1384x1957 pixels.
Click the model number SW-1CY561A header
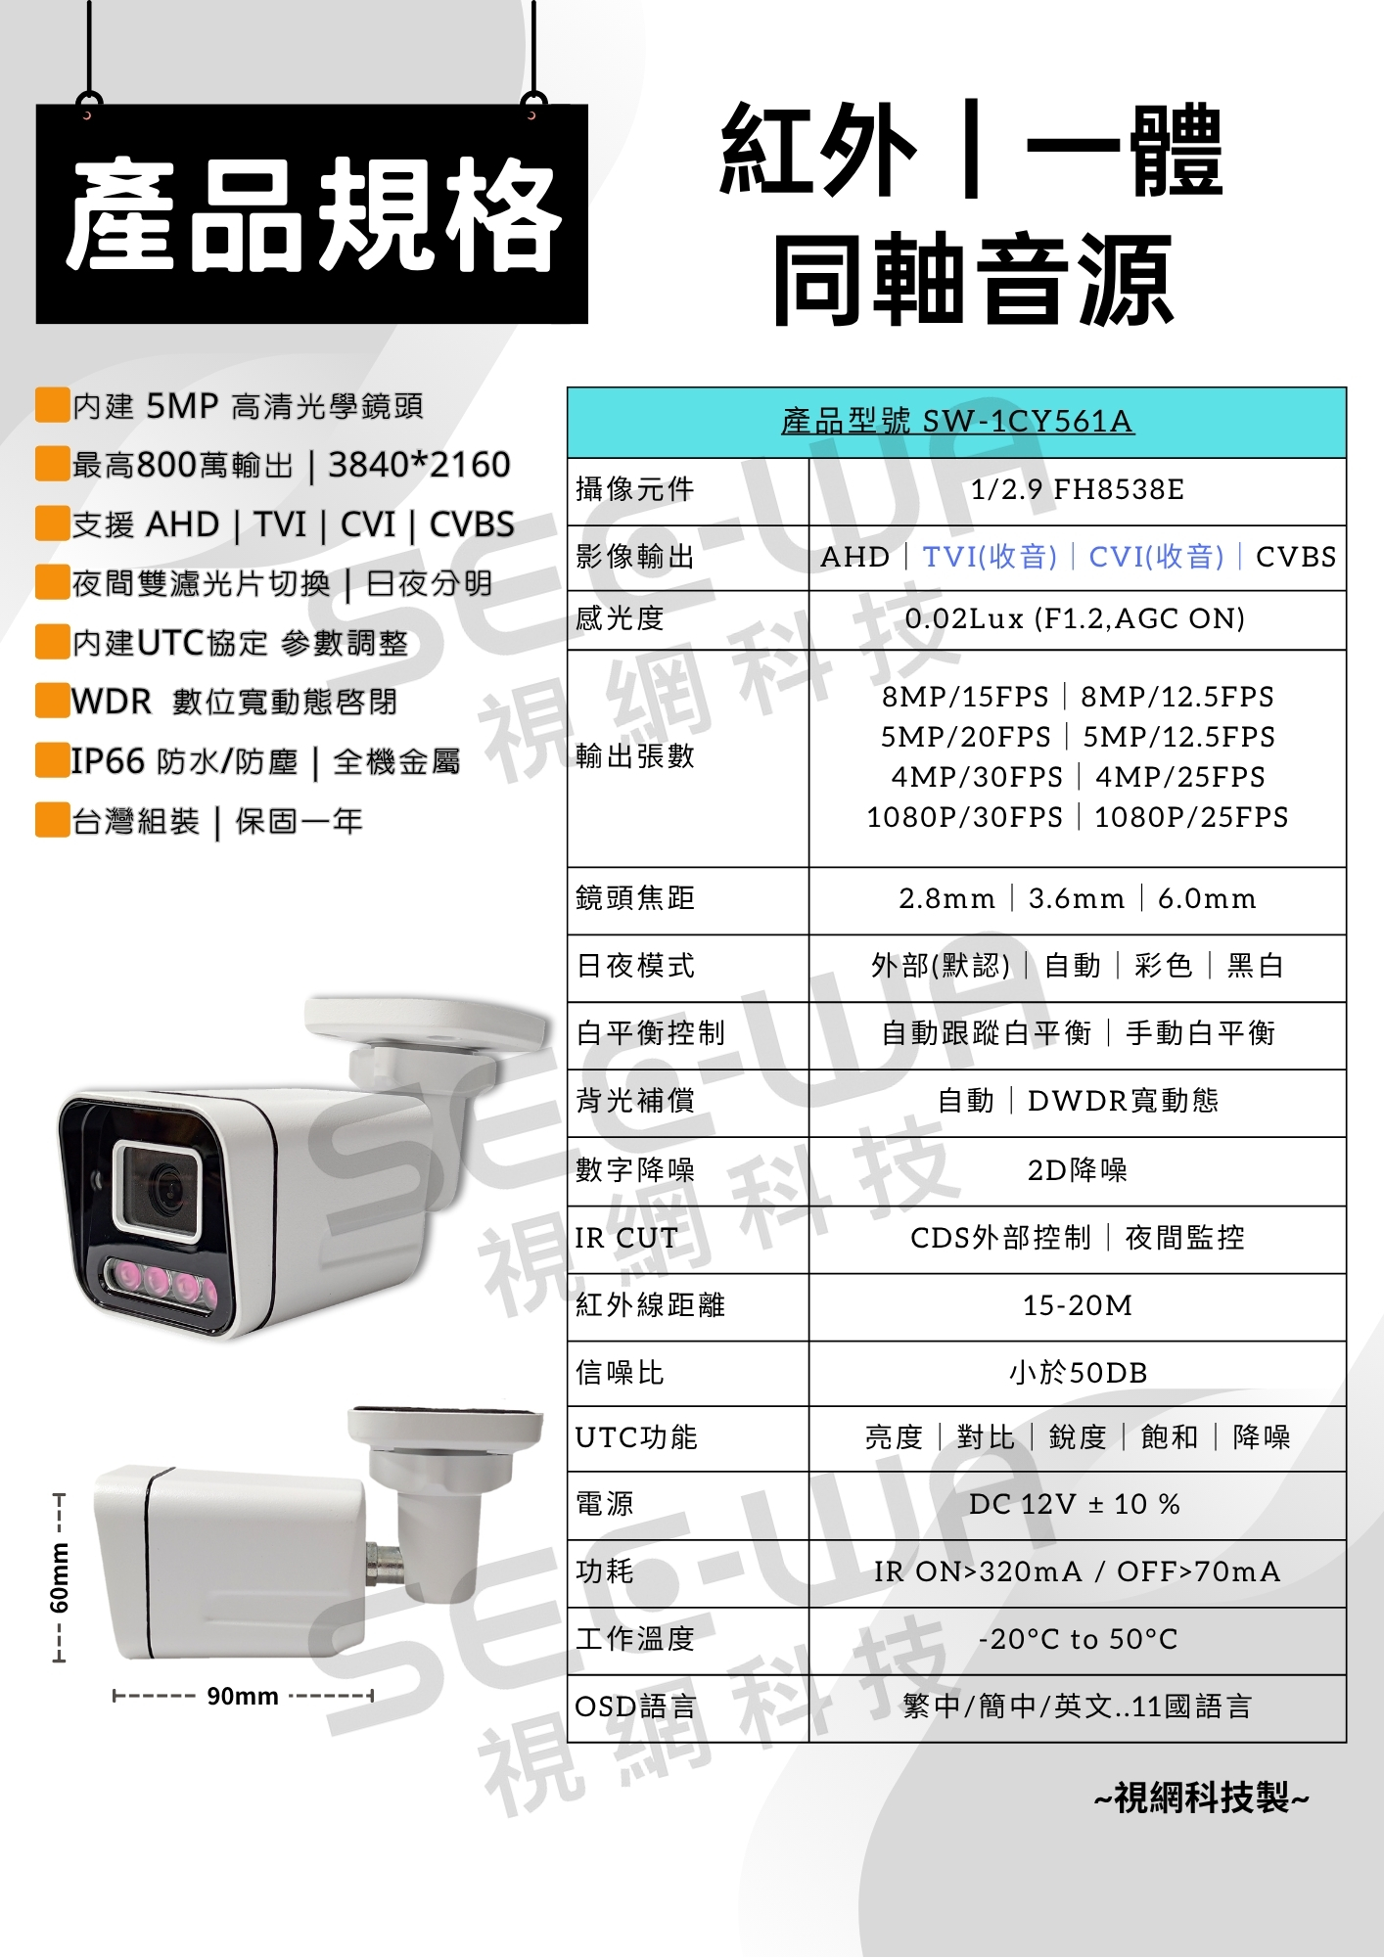point(957,421)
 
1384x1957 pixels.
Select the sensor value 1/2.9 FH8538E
point(1077,488)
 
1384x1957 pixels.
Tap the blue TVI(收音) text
point(990,557)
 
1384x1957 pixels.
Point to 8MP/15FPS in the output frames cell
point(965,697)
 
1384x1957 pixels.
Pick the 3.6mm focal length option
point(1077,898)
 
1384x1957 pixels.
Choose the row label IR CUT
point(626,1238)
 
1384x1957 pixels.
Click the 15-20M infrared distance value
point(1077,1305)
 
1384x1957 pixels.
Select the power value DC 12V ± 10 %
point(1075,1504)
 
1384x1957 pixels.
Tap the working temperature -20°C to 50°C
point(1078,1639)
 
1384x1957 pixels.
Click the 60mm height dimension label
point(60,1577)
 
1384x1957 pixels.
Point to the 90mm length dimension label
point(243,1696)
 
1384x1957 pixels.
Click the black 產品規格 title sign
point(312,213)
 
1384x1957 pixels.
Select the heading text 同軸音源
point(973,280)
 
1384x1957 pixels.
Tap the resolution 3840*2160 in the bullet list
point(419,465)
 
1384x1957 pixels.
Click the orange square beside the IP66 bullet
point(52,759)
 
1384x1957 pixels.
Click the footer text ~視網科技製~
point(1201,1798)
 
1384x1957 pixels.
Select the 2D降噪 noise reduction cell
point(1077,1170)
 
